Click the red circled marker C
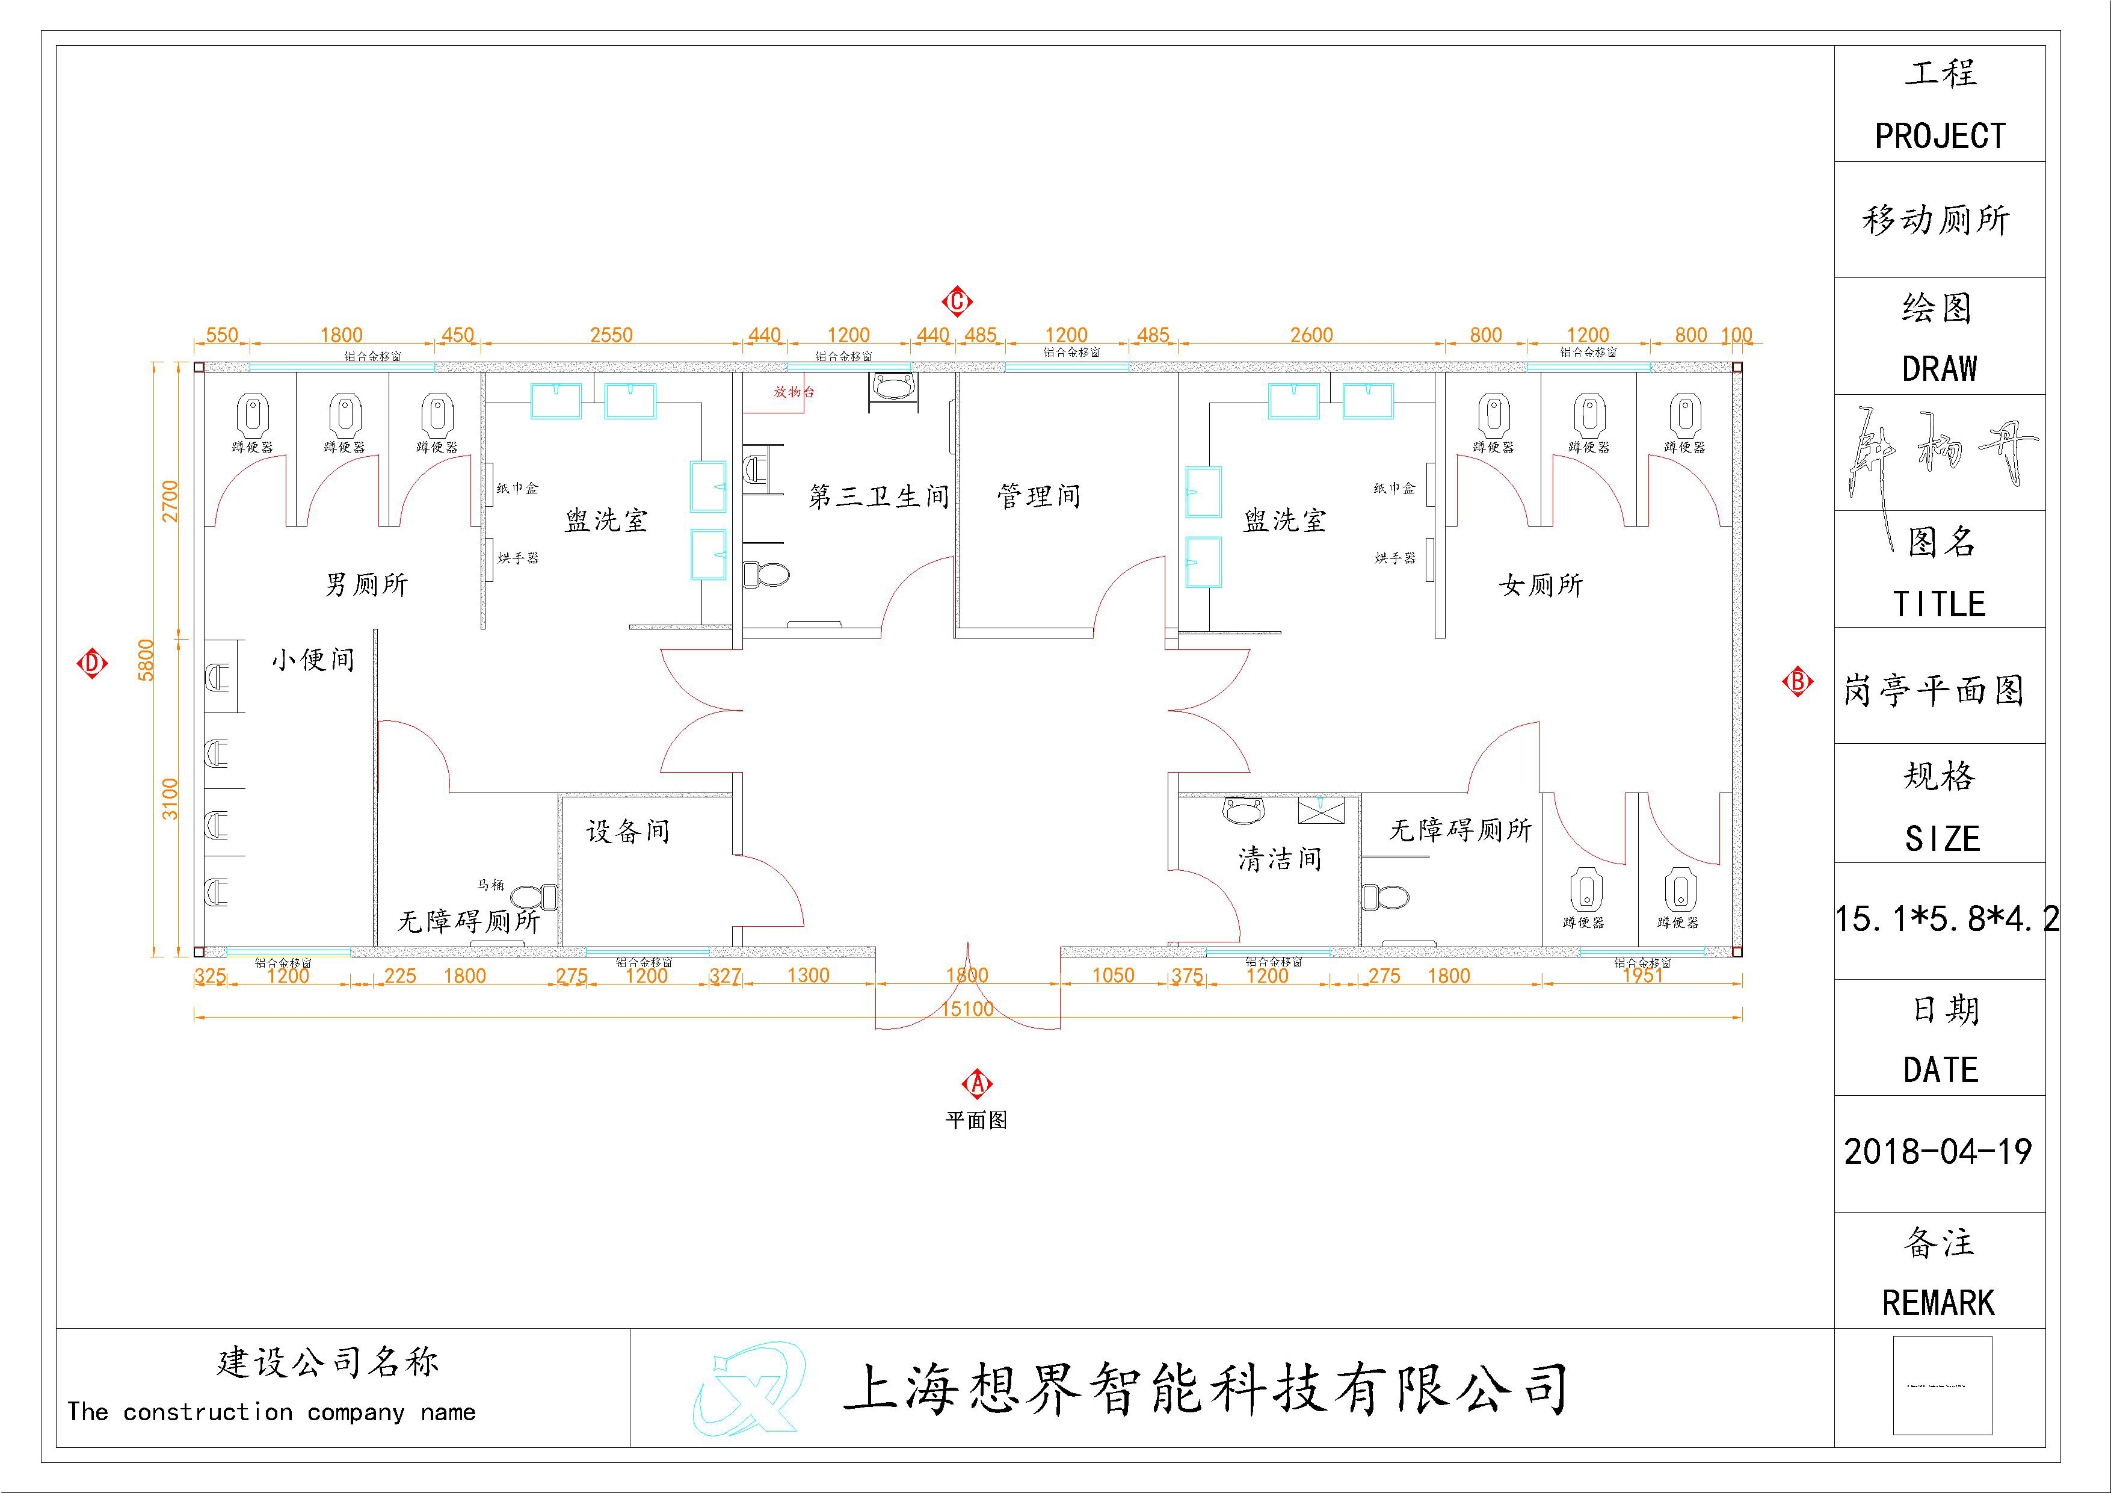pyautogui.click(x=957, y=301)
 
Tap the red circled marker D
pyautogui.click(x=92, y=663)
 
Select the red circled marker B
pyautogui.click(x=1796, y=682)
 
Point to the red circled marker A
pyautogui.click(x=976, y=1084)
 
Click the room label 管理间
pyautogui.click(x=1039, y=496)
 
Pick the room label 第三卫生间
pyautogui.click(x=878, y=496)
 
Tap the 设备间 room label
pyautogui.click(x=628, y=832)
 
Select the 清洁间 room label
pyautogui.click(x=1280, y=859)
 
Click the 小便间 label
pyautogui.click(x=313, y=660)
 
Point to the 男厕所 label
pyautogui.click(x=366, y=585)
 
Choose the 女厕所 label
pyautogui.click(x=1541, y=585)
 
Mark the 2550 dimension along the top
pyautogui.click(x=611, y=335)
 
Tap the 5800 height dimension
pyautogui.click(x=147, y=660)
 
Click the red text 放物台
pyautogui.click(x=794, y=392)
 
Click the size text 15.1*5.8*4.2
pyautogui.click(x=1946, y=918)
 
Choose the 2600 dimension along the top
pyautogui.click(x=1311, y=335)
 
